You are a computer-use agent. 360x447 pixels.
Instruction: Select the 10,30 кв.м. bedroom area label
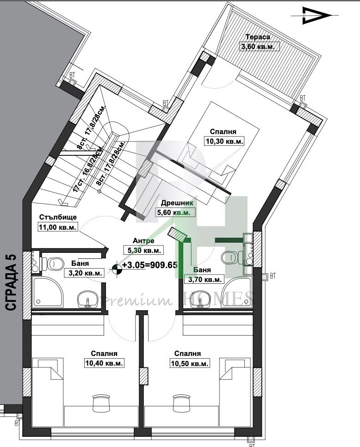click(224, 141)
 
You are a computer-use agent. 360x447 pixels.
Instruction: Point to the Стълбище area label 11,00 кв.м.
click(57, 227)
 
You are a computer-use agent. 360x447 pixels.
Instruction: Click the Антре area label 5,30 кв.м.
click(144, 250)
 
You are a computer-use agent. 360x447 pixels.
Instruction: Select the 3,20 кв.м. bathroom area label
click(84, 273)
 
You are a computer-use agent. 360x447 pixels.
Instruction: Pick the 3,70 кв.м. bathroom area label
click(205, 279)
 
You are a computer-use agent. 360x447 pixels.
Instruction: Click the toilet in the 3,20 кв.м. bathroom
click(52, 264)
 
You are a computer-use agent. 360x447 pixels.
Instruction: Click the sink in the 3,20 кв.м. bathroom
click(87, 300)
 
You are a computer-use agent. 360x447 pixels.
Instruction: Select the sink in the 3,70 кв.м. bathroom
click(200, 300)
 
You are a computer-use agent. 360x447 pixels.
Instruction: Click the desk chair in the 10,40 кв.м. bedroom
click(100, 402)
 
